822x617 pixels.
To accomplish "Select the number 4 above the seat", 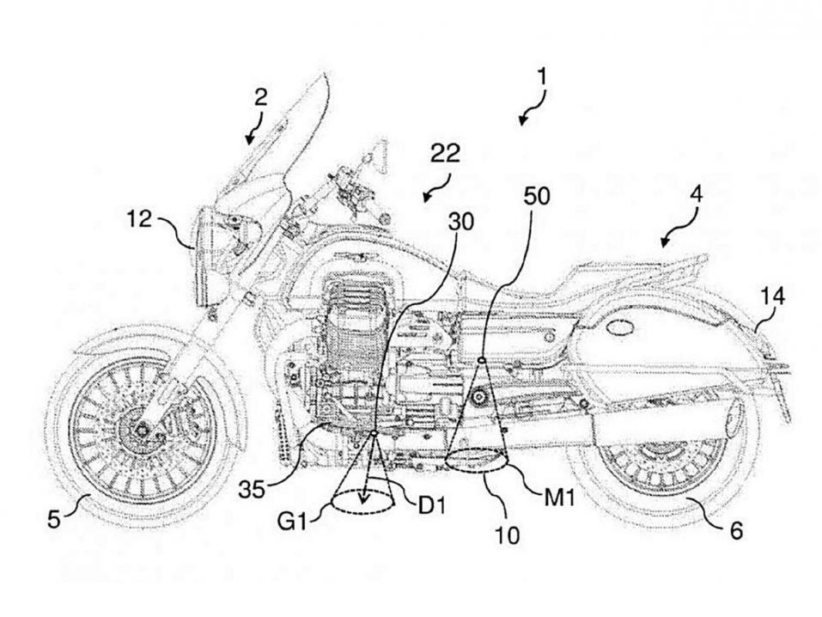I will [x=695, y=195].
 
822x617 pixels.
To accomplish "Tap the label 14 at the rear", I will [x=770, y=296].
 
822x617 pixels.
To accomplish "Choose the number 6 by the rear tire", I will [x=738, y=530].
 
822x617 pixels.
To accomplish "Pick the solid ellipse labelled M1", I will [x=476, y=463].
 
